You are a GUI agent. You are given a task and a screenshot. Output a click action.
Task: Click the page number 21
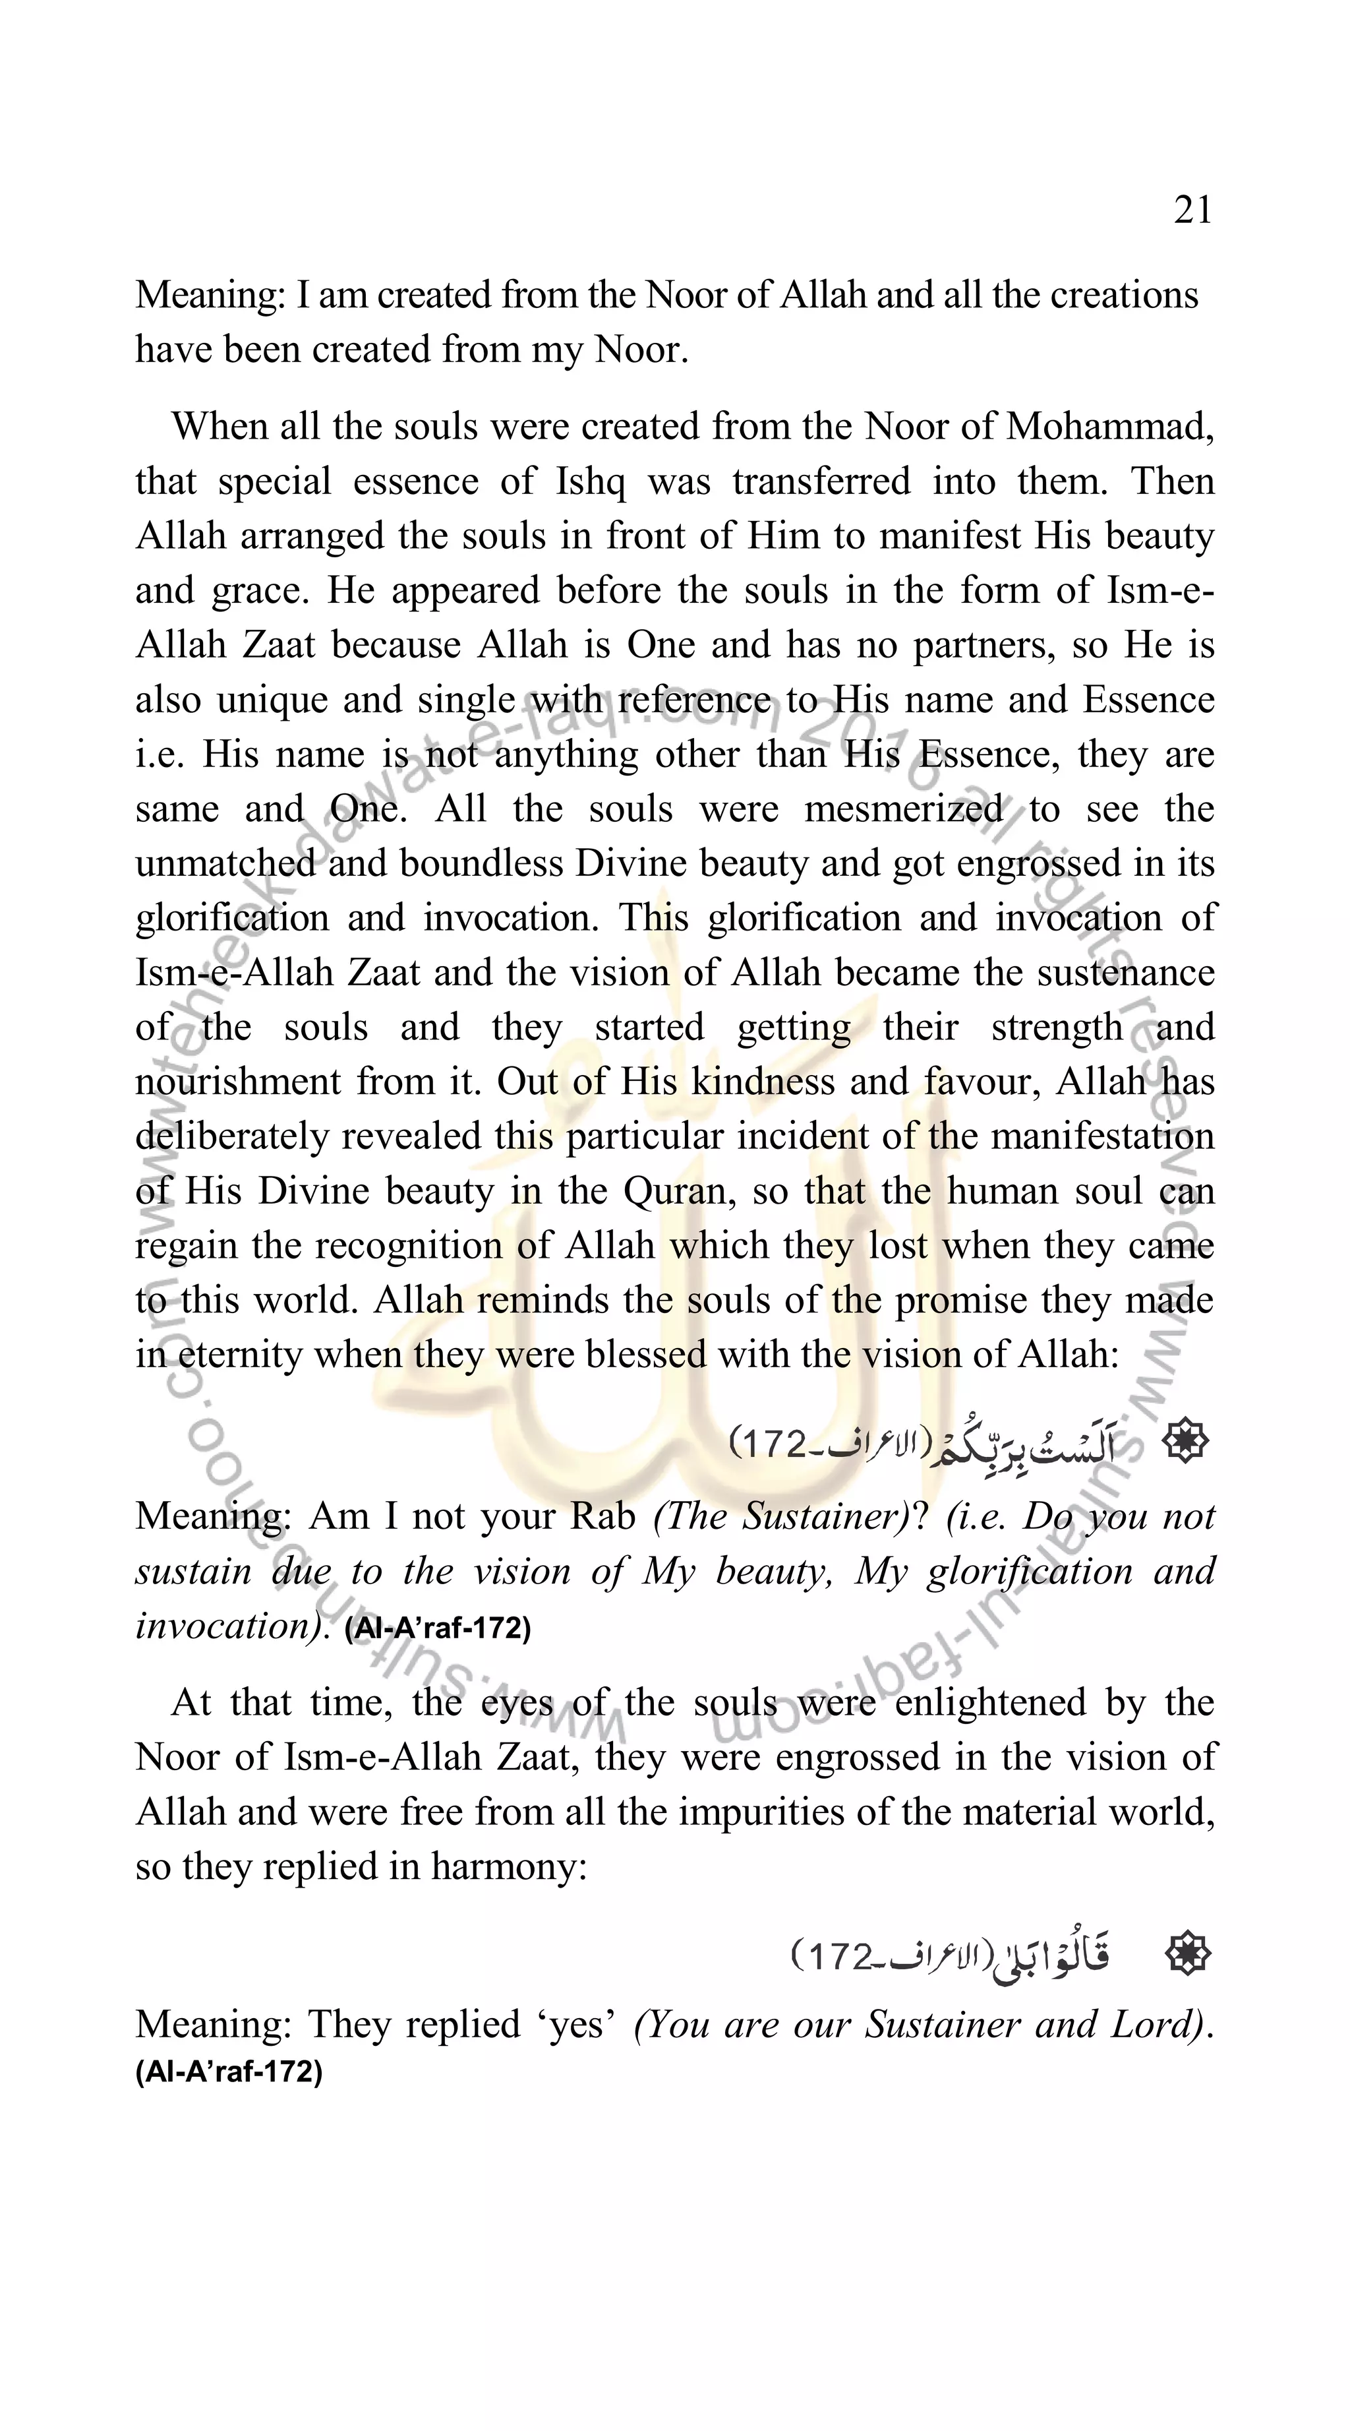(x=1192, y=210)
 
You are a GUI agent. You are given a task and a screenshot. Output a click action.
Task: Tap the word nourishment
(x=237, y=1082)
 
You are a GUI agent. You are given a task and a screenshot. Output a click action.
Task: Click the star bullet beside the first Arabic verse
(x=1185, y=1441)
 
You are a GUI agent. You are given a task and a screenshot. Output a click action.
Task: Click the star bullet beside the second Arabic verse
(x=1187, y=1954)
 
